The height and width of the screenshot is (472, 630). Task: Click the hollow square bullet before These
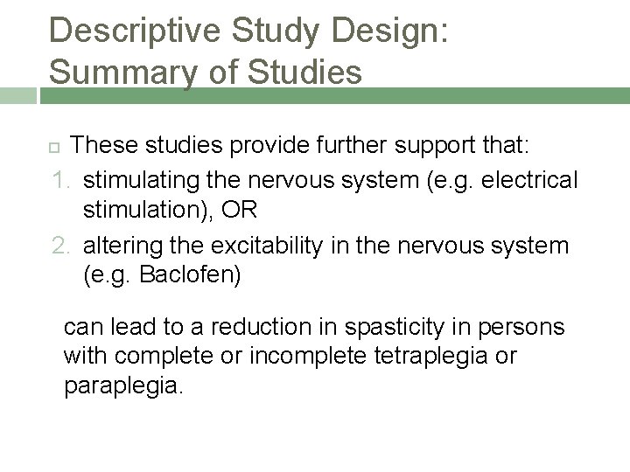54,144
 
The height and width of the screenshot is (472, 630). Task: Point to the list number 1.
59,180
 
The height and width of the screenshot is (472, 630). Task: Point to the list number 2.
59,246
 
